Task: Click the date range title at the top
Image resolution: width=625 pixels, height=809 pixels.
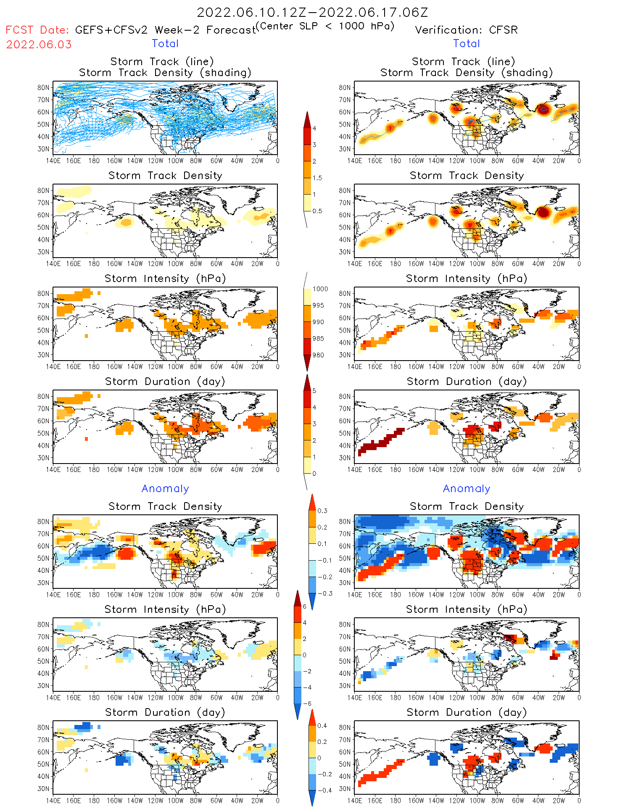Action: coord(312,12)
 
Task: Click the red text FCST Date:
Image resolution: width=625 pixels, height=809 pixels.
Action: coord(37,30)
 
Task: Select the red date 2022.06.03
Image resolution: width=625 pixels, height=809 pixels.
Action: coord(39,45)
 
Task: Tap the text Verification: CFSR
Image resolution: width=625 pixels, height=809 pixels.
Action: coord(466,30)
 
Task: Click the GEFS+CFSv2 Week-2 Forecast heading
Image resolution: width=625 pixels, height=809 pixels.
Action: coord(165,30)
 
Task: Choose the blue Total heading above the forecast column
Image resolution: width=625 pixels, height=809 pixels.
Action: coord(165,44)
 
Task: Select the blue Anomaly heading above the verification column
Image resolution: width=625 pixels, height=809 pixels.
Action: coord(467,489)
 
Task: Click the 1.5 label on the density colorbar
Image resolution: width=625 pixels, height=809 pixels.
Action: coord(317,178)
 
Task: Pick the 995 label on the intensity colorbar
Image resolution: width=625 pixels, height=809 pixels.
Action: coord(318,306)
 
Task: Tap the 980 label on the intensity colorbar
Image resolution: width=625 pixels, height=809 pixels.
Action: coord(318,355)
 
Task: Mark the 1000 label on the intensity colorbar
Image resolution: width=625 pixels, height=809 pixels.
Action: coord(320,289)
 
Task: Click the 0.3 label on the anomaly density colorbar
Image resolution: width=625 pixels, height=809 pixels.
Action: coord(322,511)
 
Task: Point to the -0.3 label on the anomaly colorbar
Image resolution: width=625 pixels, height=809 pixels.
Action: coord(324,593)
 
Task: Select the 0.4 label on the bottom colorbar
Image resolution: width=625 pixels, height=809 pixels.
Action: coord(322,726)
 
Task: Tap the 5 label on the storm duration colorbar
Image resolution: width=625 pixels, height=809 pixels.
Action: coord(314,391)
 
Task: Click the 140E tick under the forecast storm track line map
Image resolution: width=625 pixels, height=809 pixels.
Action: coord(53,161)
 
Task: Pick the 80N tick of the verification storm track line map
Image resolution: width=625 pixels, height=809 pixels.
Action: coord(345,87)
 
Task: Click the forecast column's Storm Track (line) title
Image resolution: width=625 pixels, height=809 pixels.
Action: coord(162,62)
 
